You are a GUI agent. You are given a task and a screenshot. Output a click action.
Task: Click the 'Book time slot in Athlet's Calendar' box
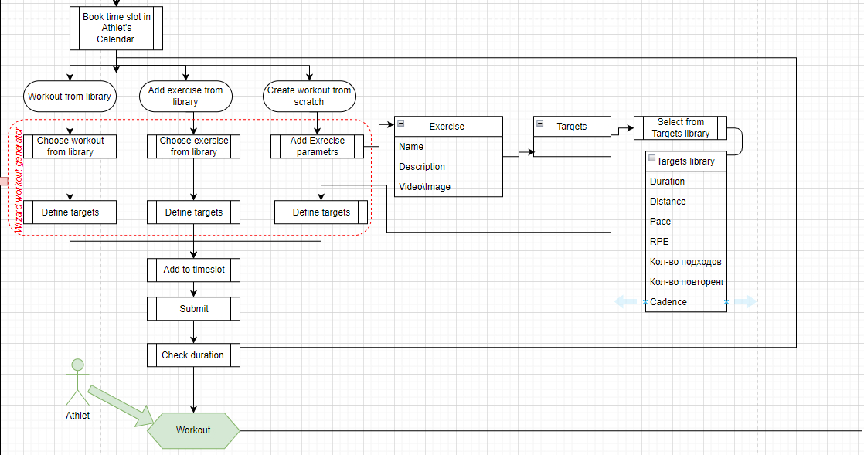tap(116, 28)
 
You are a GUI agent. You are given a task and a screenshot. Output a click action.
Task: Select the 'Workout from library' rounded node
tap(70, 97)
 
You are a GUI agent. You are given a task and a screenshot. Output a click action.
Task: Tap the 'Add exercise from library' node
tap(185, 97)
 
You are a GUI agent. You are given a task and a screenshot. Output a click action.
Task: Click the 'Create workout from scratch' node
tap(309, 97)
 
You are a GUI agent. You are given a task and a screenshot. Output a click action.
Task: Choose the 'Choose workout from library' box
tap(70, 147)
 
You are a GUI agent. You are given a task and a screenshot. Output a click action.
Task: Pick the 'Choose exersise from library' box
tap(194, 147)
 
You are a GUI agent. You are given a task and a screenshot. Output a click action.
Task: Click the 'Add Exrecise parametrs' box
tap(317, 147)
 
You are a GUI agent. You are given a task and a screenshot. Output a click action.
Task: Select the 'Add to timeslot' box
tap(193, 270)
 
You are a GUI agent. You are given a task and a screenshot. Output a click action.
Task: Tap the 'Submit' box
tap(193, 309)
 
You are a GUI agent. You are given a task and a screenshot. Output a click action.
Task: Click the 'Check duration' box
tap(193, 355)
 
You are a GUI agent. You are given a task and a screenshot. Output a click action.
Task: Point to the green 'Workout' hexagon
tap(193, 430)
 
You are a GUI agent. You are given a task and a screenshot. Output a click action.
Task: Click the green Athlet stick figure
tap(77, 382)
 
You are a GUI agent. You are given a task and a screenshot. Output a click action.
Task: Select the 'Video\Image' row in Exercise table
tap(425, 187)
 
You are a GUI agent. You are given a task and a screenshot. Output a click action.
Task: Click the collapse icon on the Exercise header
tap(401, 124)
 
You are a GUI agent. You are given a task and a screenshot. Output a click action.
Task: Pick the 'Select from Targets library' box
tap(680, 127)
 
